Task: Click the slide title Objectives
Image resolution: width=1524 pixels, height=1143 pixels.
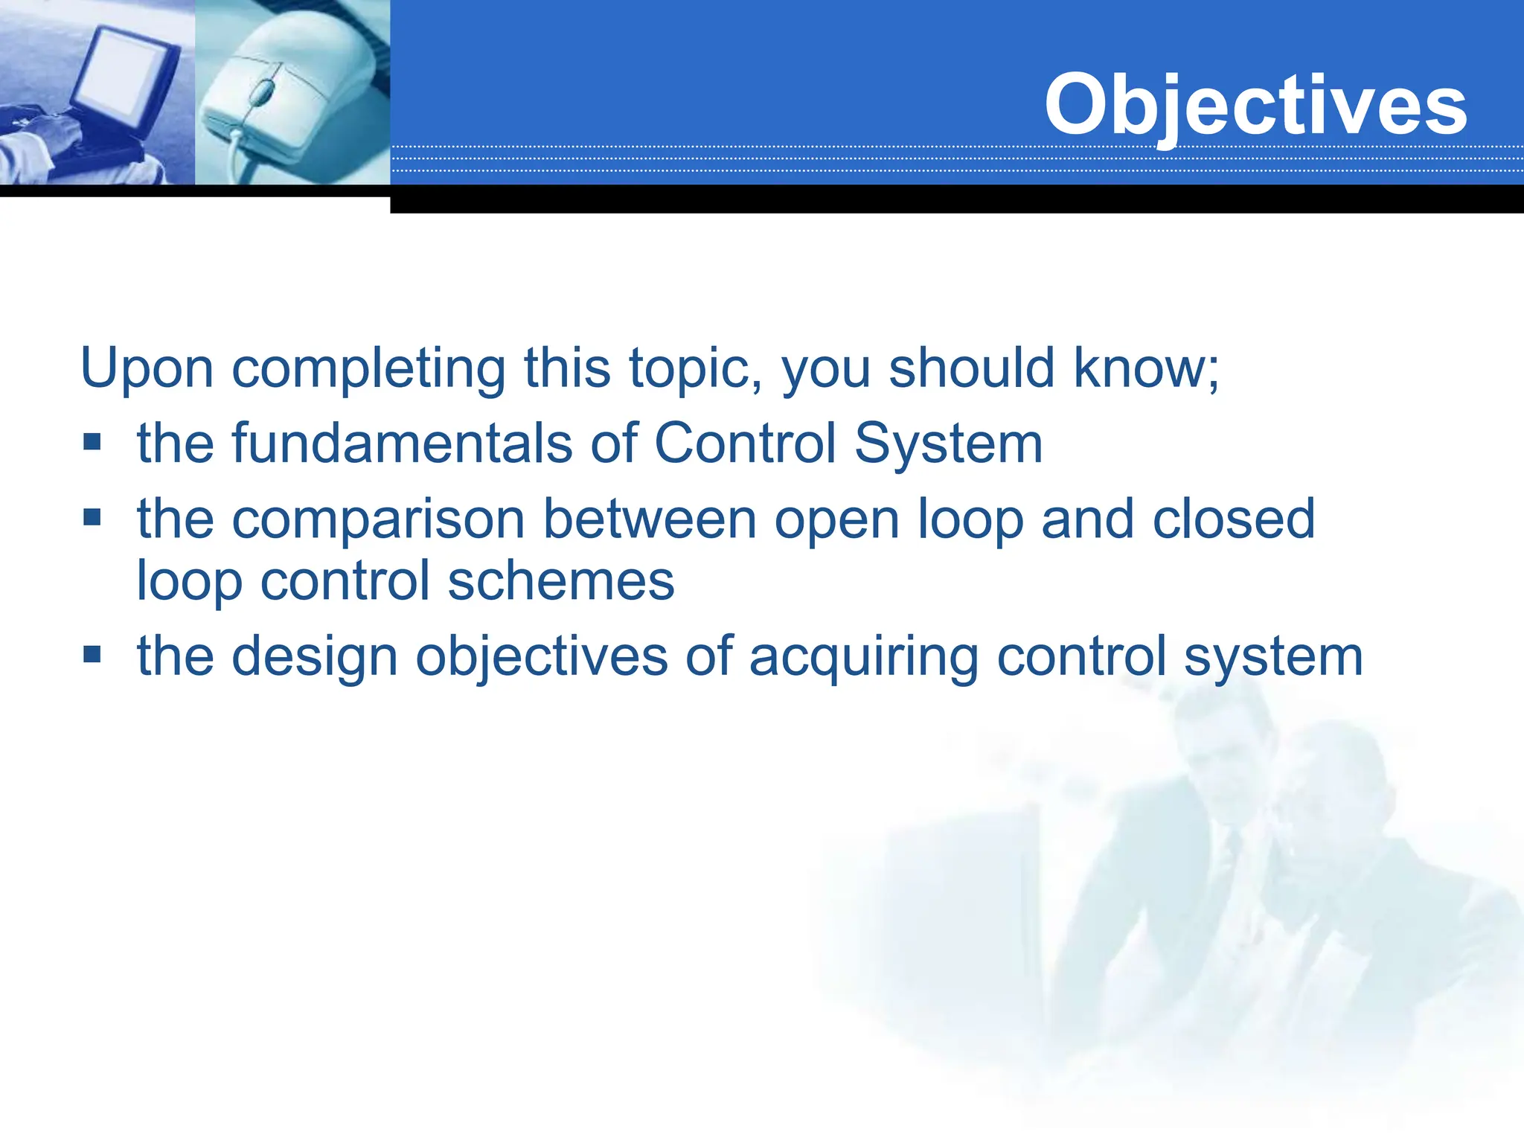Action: point(1255,106)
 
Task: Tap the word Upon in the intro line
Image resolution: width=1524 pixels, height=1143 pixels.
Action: point(147,368)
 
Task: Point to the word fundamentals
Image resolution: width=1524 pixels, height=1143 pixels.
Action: point(402,444)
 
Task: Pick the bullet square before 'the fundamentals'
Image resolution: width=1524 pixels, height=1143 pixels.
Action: point(92,443)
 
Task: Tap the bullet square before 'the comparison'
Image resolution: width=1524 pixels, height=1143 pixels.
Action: point(92,517)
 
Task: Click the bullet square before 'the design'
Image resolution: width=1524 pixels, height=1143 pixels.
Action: point(92,655)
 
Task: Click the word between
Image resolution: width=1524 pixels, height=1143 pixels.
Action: point(649,519)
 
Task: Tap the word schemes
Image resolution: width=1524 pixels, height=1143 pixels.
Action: point(561,582)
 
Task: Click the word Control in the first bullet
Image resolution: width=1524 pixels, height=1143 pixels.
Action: point(744,444)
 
